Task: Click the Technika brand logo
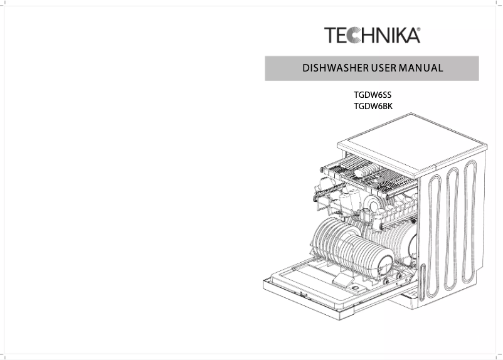[371, 35]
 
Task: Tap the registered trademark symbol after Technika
[418, 29]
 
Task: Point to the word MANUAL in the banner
[422, 68]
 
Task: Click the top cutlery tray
[370, 172]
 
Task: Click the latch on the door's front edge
[302, 295]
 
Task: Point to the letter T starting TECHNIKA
[331, 35]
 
